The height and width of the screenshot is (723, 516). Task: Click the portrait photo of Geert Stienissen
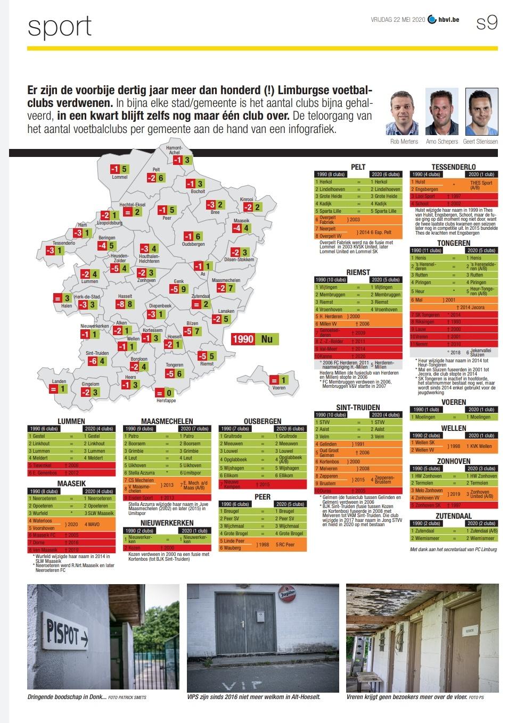click(481, 112)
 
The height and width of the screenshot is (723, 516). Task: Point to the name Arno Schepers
click(441, 142)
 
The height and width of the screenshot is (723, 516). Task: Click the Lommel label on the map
click(120, 177)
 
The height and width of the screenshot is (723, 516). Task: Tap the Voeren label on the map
click(279, 388)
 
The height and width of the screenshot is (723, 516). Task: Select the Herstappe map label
click(166, 400)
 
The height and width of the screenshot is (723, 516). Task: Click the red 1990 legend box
click(243, 339)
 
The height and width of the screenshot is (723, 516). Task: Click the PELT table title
click(358, 167)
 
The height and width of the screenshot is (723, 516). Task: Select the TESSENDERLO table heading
click(454, 167)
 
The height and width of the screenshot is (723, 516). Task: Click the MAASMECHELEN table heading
click(167, 421)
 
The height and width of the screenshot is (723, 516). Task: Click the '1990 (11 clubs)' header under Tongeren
click(425, 250)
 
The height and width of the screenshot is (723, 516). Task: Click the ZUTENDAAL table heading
click(454, 516)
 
